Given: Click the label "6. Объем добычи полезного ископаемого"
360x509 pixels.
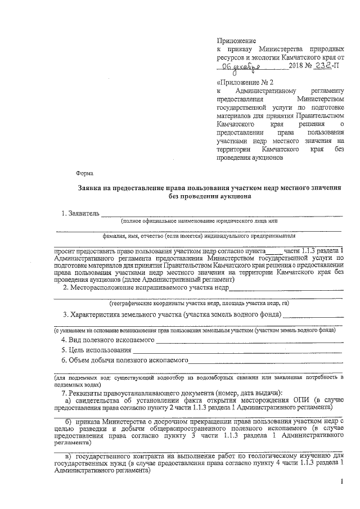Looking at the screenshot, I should coord(124,361).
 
